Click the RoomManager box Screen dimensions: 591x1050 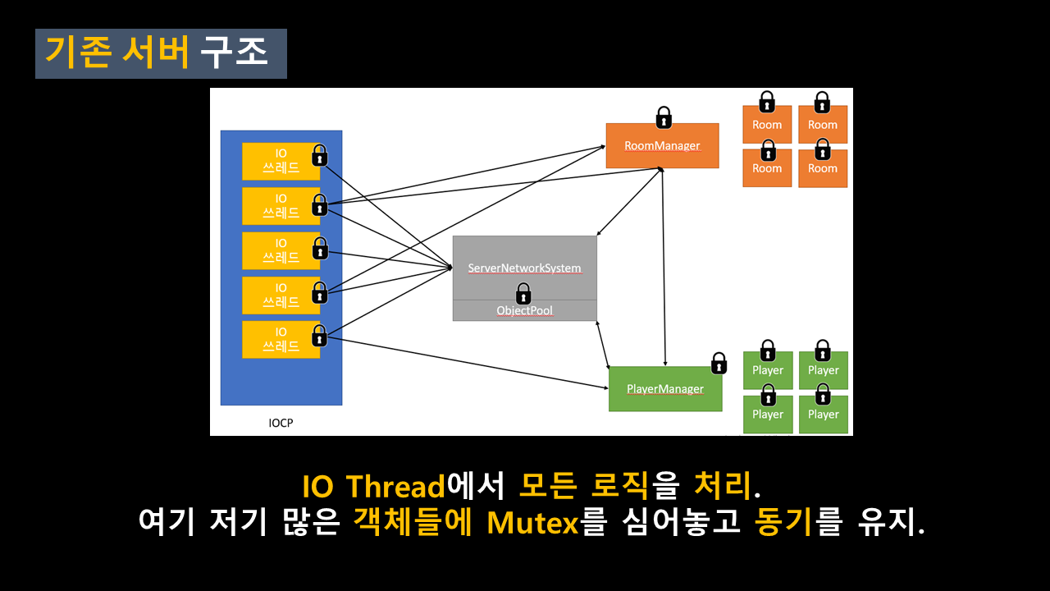662,146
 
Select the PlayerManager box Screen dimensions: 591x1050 665,389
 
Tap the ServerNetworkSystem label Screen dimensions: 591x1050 524,268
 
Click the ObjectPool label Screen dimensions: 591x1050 524,311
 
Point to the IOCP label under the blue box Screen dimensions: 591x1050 281,424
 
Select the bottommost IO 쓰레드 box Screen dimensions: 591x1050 281,339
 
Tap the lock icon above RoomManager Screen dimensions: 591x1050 664,117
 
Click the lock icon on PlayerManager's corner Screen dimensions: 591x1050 719,363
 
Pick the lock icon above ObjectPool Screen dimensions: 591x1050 523,293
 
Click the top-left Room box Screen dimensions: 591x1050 767,125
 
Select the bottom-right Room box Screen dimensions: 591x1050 822,168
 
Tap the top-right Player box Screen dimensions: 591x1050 823,370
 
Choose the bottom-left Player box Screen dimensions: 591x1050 768,415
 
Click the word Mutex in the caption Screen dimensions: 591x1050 533,523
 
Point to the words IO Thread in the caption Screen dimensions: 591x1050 373,487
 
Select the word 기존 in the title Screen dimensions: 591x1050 75,53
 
